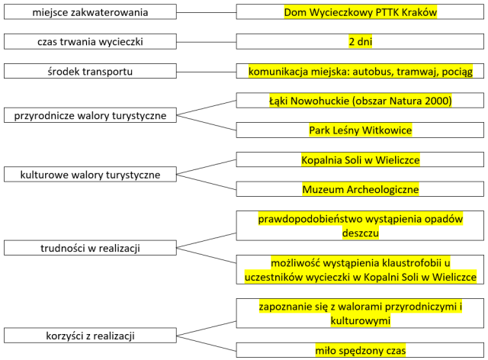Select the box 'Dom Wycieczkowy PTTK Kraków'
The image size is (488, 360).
[x=360, y=13]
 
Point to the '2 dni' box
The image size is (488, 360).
[x=360, y=42]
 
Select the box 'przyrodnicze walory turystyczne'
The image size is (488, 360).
[x=90, y=116]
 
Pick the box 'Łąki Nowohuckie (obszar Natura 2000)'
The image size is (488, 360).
[x=360, y=101]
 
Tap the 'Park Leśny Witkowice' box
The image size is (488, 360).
[x=360, y=130]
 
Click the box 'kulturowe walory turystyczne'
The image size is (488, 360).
[x=90, y=175]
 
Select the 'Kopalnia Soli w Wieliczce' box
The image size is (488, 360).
[x=360, y=160]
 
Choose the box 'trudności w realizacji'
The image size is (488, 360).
[x=90, y=248]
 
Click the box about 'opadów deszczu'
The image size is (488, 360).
[x=360, y=226]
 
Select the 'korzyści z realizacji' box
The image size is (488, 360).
[x=90, y=335]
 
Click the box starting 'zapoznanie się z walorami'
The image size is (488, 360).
[x=360, y=313]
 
